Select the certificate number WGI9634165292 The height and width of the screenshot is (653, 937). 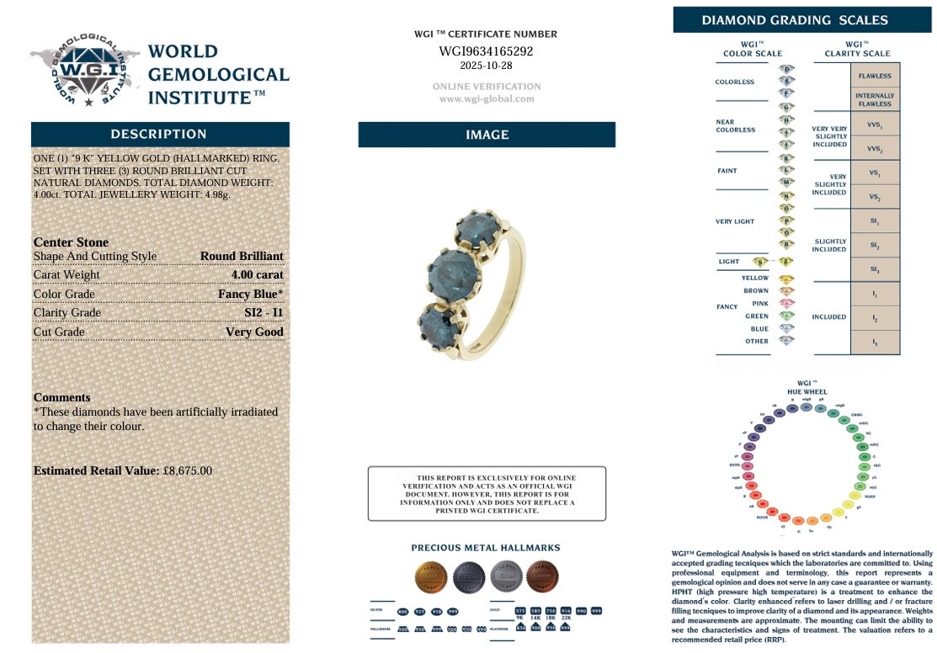(486, 51)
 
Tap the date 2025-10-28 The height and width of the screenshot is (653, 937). (486, 66)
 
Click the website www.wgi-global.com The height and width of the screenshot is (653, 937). (486, 98)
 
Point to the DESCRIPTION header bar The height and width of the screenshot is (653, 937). (159, 134)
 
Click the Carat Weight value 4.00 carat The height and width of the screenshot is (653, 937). (257, 274)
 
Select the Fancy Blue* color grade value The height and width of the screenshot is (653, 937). (250, 294)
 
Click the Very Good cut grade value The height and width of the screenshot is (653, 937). (254, 332)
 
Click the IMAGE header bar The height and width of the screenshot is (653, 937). (487, 135)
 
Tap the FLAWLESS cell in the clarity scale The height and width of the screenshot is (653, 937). (875, 76)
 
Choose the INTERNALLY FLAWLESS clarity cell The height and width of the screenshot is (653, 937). (875, 100)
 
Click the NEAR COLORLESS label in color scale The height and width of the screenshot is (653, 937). (735, 125)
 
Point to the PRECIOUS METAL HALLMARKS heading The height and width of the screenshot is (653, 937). (485, 548)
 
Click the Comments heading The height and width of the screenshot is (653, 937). (61, 397)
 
